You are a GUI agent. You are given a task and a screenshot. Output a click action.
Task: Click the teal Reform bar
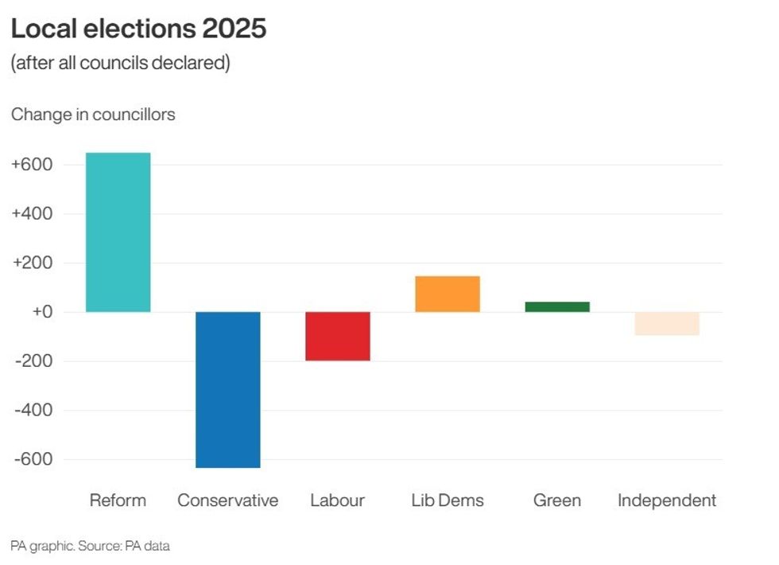pyautogui.click(x=118, y=232)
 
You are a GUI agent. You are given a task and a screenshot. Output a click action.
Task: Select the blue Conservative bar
pyautogui.click(x=228, y=389)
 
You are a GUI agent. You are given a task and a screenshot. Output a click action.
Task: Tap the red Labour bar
pyautogui.click(x=338, y=336)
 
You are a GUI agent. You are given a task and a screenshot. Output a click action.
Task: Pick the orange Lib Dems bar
pyautogui.click(x=448, y=294)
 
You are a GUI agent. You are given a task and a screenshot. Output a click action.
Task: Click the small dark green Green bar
pyautogui.click(x=557, y=306)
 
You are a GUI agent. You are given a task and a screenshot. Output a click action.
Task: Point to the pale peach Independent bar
pyautogui.click(x=667, y=323)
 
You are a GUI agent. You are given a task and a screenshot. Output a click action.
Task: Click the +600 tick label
pyautogui.click(x=32, y=165)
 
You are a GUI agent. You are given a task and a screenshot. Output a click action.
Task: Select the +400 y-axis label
pyautogui.click(x=32, y=214)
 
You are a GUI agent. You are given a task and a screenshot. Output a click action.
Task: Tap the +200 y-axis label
pyautogui.click(x=32, y=263)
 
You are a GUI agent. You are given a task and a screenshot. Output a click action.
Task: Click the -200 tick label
pyautogui.click(x=33, y=361)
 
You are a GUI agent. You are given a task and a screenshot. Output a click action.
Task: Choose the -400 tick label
pyautogui.click(x=33, y=411)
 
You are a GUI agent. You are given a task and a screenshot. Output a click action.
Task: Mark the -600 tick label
pyautogui.click(x=33, y=460)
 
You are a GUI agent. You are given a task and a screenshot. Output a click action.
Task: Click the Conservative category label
pyautogui.click(x=228, y=501)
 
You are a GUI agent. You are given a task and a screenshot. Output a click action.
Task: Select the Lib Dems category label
pyautogui.click(x=448, y=501)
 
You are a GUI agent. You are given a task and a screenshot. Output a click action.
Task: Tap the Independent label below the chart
pyautogui.click(x=667, y=501)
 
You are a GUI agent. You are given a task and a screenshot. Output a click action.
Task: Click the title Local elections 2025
pyautogui.click(x=138, y=29)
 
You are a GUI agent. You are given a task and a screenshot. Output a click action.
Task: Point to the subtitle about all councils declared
pyautogui.click(x=120, y=63)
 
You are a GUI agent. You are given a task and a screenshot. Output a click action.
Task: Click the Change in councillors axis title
pyautogui.click(x=93, y=115)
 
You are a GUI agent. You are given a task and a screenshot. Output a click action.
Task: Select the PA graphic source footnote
pyautogui.click(x=90, y=546)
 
